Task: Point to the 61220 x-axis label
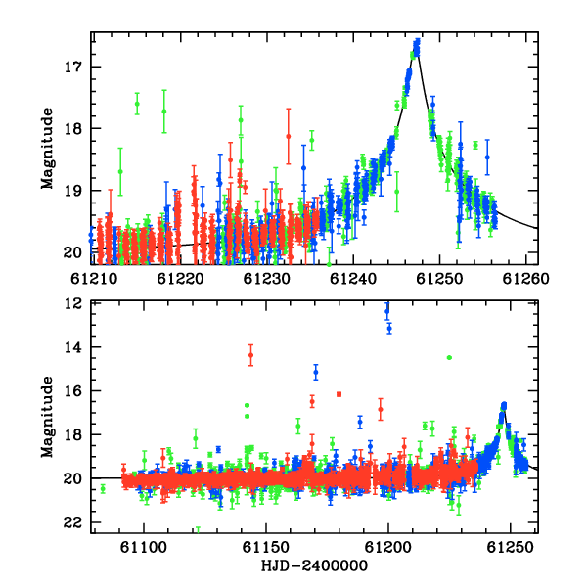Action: (180, 279)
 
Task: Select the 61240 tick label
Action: (352, 279)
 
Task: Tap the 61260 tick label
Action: (525, 279)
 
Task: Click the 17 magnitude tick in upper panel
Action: (72, 67)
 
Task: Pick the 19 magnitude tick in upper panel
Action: (72, 191)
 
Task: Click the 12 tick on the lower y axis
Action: (72, 303)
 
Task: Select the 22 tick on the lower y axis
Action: (72, 522)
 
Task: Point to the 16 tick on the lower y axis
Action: (72, 391)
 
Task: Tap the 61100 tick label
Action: (144, 547)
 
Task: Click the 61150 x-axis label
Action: (266, 547)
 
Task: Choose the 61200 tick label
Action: (388, 547)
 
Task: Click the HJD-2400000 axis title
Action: (314, 565)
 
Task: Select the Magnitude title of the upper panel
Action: (47, 149)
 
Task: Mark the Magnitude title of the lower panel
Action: (47, 417)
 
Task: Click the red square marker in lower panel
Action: (339, 394)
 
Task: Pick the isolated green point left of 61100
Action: (103, 488)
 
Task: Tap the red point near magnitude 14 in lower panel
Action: (250, 355)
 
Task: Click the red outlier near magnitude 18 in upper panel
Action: (289, 136)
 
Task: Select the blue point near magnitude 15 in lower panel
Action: (316, 372)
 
